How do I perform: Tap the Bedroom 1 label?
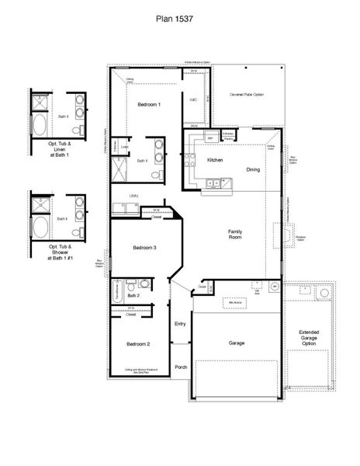149,104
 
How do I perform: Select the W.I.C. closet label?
193,99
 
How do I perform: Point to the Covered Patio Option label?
246,94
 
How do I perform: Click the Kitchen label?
215,160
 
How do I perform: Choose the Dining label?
253,169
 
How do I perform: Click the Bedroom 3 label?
145,247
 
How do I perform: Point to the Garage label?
236,342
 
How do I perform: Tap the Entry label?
180,324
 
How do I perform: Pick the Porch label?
180,367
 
